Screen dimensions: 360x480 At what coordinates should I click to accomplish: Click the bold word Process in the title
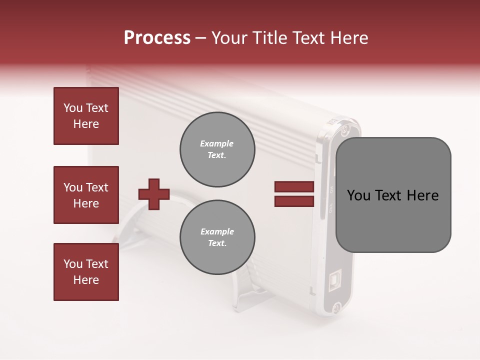point(157,38)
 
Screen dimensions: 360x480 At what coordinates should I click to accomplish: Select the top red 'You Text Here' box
point(86,116)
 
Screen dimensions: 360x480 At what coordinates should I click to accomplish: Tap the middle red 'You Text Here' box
point(86,195)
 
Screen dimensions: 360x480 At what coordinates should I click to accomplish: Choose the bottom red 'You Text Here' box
point(86,272)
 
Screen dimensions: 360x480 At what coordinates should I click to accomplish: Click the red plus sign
point(154,193)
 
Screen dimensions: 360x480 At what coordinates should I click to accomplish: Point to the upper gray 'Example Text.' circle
point(217,149)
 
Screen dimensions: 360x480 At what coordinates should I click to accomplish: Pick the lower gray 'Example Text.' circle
point(217,237)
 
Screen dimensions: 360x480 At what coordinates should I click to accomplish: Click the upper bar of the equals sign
point(294,187)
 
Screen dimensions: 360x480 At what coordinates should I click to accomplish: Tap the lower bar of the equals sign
point(294,201)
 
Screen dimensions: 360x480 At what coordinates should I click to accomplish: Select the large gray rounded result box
point(393,195)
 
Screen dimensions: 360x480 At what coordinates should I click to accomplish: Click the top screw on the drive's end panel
point(344,130)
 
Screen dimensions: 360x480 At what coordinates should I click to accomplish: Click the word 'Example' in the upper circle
point(217,144)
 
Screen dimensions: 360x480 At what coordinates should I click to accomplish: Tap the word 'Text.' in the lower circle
point(217,243)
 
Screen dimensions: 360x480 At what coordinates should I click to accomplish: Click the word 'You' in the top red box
point(72,108)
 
